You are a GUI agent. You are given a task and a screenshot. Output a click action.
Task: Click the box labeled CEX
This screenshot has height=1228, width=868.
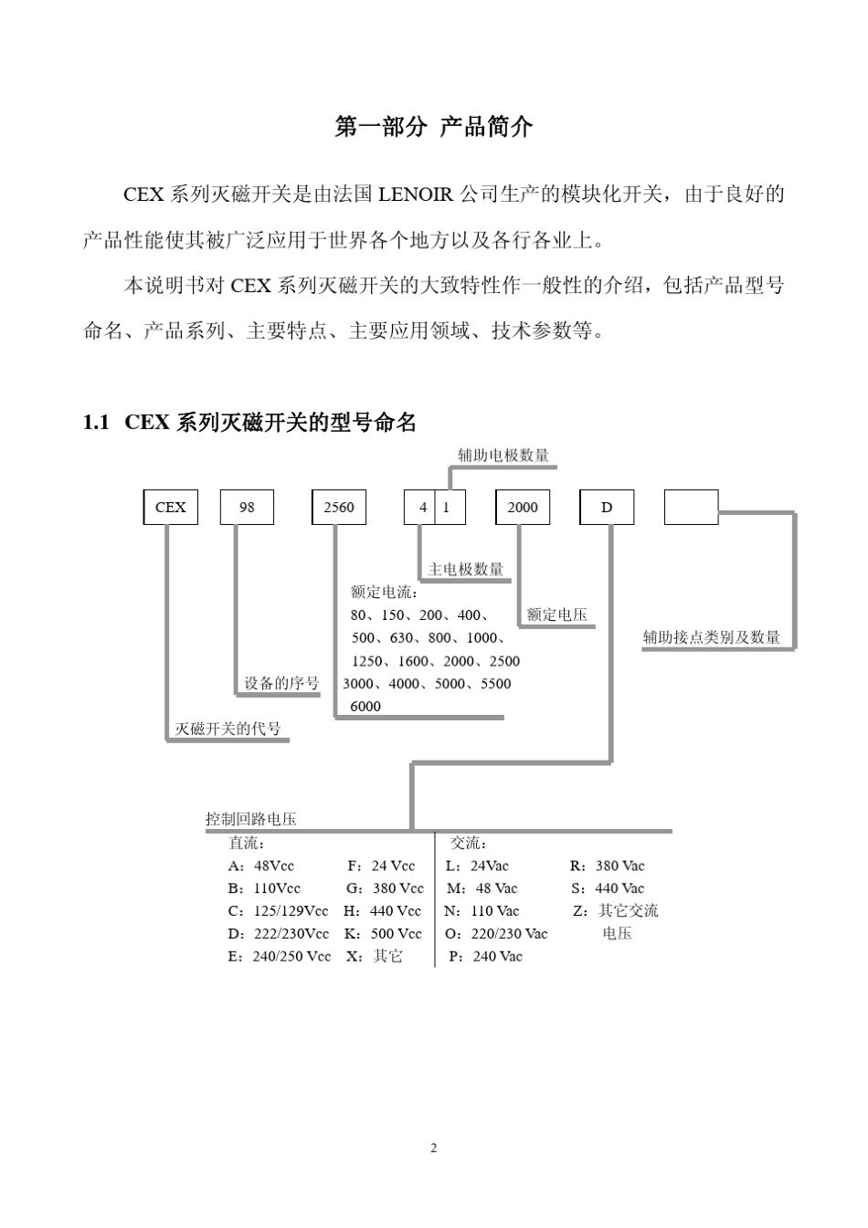pos(170,508)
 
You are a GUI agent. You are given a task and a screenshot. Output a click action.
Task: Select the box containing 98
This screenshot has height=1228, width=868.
pos(247,508)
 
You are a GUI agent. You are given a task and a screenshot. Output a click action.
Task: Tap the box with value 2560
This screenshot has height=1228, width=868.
pos(339,508)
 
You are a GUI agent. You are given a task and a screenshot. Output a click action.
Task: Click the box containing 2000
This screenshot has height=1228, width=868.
pos(523,508)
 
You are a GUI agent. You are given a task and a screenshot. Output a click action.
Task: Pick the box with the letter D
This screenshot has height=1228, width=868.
pos(607,508)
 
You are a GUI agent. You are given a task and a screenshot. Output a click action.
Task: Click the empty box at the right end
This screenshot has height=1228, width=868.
pos(691,508)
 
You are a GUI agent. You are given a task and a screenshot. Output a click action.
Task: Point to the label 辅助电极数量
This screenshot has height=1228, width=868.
pos(503,456)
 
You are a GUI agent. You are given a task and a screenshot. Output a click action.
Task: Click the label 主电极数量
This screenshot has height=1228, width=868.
pos(466,570)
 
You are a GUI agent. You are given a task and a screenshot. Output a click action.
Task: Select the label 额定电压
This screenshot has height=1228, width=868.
pos(557,615)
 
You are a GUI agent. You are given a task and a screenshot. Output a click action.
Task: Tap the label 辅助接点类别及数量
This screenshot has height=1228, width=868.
pos(712,637)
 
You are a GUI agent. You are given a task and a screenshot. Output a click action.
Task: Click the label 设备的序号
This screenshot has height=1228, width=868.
pos(281,684)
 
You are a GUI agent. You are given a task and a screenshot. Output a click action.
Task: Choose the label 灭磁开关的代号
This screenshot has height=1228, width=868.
pos(228,729)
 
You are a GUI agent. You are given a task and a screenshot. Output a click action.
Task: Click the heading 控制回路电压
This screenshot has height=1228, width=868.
pos(251,820)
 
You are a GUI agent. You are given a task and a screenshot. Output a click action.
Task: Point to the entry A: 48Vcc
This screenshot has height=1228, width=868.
pos(261,866)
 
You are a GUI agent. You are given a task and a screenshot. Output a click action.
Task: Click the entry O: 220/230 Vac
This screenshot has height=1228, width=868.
pos(496,934)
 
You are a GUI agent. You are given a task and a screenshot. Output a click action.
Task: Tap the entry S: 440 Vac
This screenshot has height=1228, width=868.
pos(608,888)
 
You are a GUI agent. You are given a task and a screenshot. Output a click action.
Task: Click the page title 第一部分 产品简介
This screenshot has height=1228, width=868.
pos(434,127)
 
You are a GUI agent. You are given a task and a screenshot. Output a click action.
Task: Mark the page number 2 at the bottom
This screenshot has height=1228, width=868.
pos(434,1148)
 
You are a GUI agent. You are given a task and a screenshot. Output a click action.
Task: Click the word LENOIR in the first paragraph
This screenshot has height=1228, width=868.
pos(416,194)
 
